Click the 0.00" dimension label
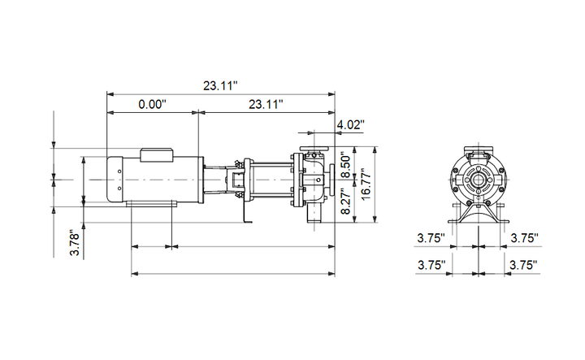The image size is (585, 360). (x=152, y=104)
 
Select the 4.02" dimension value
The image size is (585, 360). (x=350, y=124)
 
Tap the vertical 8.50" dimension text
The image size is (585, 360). (x=346, y=165)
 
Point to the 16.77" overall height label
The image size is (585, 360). (x=366, y=184)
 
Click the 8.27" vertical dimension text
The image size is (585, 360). (x=346, y=201)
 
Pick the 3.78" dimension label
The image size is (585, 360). (x=76, y=244)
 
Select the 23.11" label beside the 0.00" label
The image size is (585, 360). (x=266, y=104)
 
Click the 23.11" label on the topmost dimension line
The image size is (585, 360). (x=220, y=86)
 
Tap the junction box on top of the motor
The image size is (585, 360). (x=157, y=155)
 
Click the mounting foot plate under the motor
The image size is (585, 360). (x=151, y=202)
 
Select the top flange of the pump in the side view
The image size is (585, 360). (x=314, y=148)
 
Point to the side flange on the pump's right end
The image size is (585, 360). (x=332, y=180)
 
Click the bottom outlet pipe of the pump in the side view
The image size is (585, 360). (x=314, y=214)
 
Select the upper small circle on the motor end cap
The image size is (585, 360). (x=119, y=171)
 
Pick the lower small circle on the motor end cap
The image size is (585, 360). (x=119, y=189)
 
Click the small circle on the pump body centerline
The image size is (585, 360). (x=318, y=180)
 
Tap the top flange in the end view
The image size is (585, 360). (x=479, y=149)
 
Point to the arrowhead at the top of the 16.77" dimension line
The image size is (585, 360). (x=375, y=150)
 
